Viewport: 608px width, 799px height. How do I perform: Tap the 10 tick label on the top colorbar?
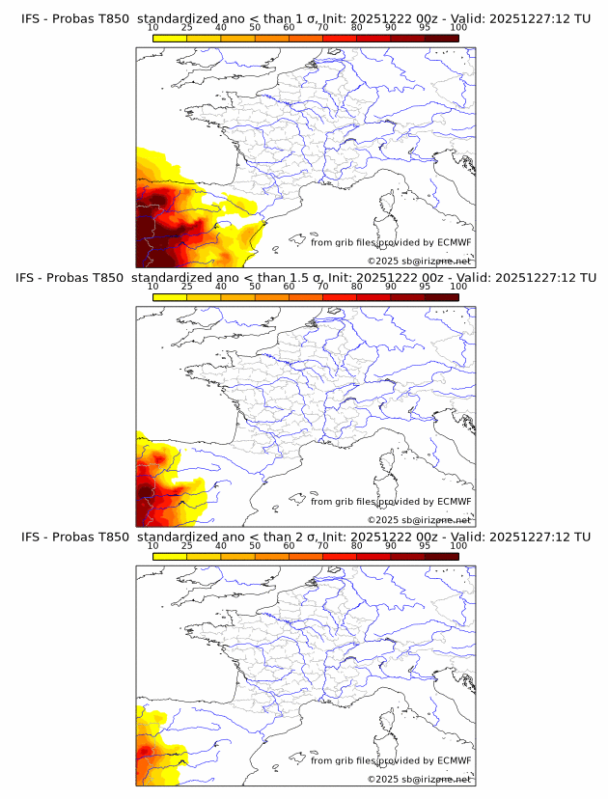pyautogui.click(x=153, y=28)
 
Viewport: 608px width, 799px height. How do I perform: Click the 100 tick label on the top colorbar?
pyautogui.click(x=458, y=28)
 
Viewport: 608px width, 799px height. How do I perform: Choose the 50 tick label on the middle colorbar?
pyautogui.click(x=255, y=287)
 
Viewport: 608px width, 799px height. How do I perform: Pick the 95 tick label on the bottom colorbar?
pyautogui.click(x=425, y=545)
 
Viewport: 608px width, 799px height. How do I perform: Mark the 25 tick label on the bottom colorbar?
pyautogui.click(x=186, y=545)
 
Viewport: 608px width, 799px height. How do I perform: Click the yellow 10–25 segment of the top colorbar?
pyautogui.click(x=170, y=39)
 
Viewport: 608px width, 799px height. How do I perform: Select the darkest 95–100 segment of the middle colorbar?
pyautogui.click(x=441, y=297)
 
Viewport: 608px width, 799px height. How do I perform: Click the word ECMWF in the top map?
pyautogui.click(x=455, y=243)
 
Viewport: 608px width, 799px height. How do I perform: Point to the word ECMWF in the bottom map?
pyautogui.click(x=455, y=760)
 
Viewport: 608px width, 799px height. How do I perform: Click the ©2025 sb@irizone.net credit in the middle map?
pyautogui.click(x=419, y=519)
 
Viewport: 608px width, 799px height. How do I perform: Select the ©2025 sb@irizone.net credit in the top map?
pyautogui.click(x=419, y=261)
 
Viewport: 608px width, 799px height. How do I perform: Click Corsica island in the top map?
pyautogui.click(x=389, y=204)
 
